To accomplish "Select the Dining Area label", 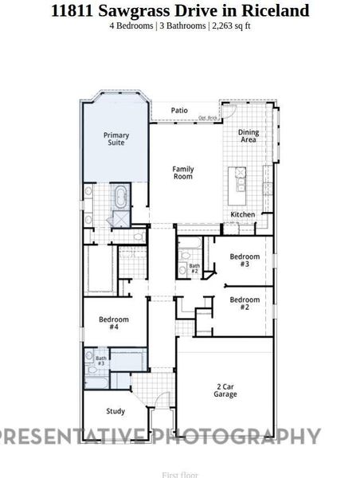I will click(x=249, y=136).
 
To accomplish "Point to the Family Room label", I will click(x=183, y=172).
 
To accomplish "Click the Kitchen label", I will click(x=242, y=215).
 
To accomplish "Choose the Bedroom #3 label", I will click(x=245, y=261).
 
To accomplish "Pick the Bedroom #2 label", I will click(x=245, y=303).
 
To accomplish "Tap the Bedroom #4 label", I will click(x=113, y=323).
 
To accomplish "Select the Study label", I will click(x=115, y=411).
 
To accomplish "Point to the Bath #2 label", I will click(x=194, y=268).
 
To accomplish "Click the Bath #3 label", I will click(x=101, y=361).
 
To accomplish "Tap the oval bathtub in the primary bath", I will click(x=121, y=195).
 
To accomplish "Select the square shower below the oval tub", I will click(x=120, y=220).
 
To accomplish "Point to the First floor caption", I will click(x=180, y=474).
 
